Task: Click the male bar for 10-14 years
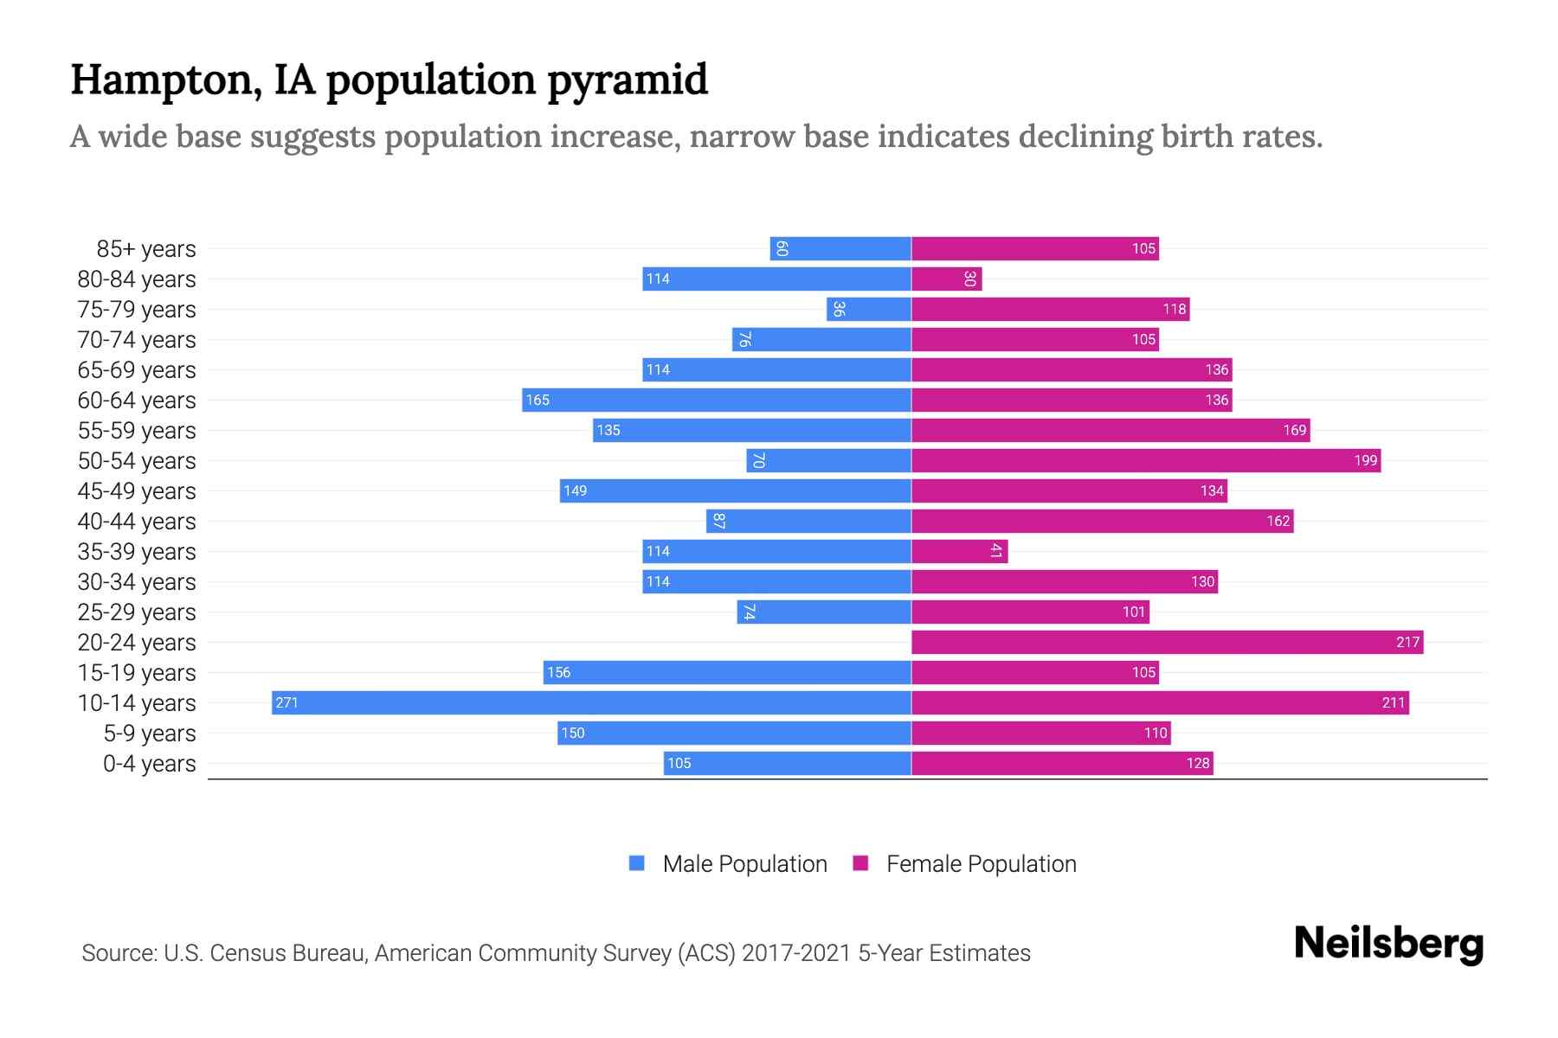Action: (591, 702)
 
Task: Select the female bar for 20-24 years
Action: (1167, 642)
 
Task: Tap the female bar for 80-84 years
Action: (946, 279)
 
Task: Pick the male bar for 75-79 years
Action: (869, 309)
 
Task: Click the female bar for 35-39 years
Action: (959, 551)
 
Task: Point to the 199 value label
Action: (1365, 460)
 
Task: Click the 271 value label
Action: (286, 702)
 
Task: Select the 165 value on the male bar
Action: (538, 400)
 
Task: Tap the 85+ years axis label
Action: (145, 249)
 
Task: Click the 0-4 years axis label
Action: (149, 764)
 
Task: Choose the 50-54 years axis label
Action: (137, 461)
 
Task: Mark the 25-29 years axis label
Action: (137, 612)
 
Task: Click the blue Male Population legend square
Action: (637, 863)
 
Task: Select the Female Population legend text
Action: (981, 863)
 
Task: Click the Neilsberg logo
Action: (1388, 944)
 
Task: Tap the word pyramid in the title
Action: (628, 81)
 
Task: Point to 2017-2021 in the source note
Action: (796, 953)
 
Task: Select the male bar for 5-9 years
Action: (734, 733)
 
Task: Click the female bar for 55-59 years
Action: (1111, 430)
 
